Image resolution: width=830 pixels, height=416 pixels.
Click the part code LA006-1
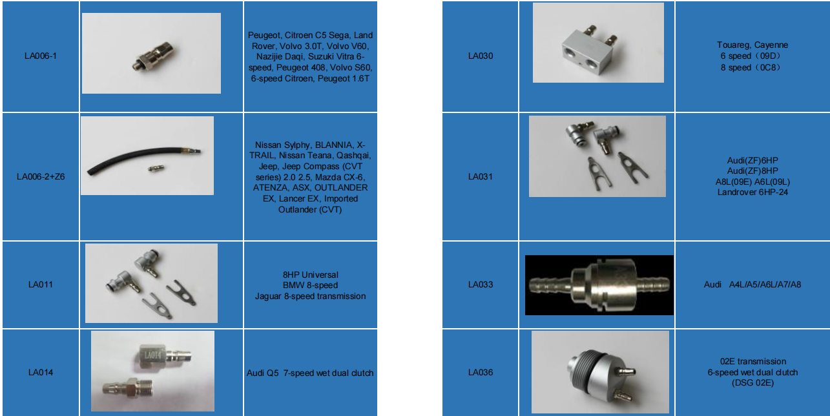[40, 56]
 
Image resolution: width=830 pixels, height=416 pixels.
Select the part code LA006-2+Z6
[40, 176]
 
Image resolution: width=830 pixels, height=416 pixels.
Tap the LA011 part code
[40, 285]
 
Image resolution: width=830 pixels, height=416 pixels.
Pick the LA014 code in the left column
[40, 373]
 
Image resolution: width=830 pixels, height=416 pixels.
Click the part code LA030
[480, 56]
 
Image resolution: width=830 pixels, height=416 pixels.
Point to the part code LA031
[480, 176]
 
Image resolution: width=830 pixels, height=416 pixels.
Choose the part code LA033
[480, 285]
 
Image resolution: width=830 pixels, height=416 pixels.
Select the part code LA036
[480, 373]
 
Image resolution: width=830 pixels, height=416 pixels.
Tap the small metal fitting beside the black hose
[155, 169]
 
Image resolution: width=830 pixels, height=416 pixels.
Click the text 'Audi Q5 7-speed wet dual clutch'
[310, 373]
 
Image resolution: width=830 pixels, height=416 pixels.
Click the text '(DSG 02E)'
[752, 383]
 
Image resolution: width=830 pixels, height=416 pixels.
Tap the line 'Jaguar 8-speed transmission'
[310, 296]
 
